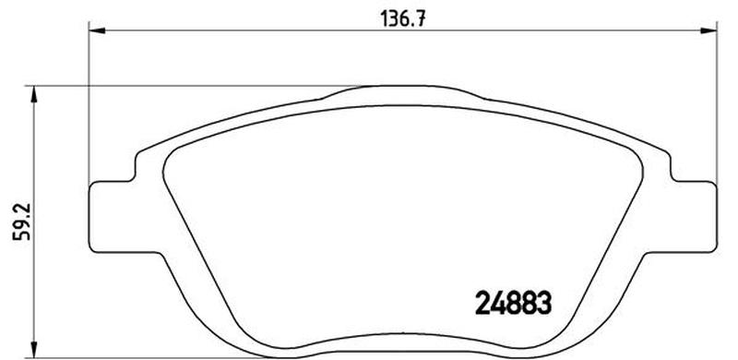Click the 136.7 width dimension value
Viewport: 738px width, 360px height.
pyautogui.click(x=402, y=18)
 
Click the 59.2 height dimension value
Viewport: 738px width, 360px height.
pyautogui.click(x=21, y=222)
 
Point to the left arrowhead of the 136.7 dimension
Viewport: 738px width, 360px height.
pyautogui.click(x=98, y=30)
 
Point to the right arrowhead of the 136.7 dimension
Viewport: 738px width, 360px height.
pyautogui.click(x=708, y=30)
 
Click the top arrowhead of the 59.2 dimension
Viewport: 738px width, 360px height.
pyautogui.click(x=33, y=94)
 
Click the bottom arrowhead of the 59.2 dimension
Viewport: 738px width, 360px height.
pyautogui.click(x=33, y=349)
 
